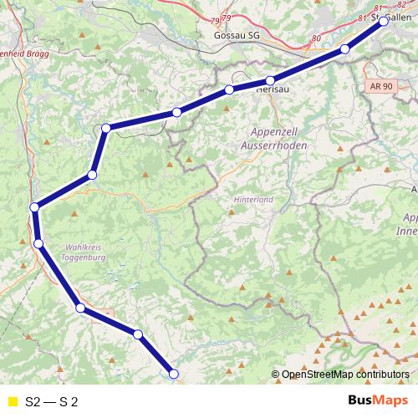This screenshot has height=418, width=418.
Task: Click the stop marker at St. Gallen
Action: click(x=384, y=22)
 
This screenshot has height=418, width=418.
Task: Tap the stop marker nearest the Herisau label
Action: click(x=270, y=81)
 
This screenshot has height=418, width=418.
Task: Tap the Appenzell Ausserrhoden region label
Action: click(x=279, y=139)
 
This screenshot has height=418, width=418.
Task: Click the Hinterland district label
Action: click(x=255, y=201)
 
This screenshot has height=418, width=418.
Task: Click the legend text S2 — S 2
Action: click(x=52, y=402)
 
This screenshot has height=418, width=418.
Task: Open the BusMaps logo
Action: click(x=379, y=401)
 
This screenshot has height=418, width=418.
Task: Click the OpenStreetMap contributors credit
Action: click(x=344, y=375)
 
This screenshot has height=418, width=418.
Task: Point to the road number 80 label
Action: click(x=315, y=38)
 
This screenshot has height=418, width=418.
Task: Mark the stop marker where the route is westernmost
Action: click(x=34, y=207)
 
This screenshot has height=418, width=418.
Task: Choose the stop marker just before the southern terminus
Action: click(x=138, y=334)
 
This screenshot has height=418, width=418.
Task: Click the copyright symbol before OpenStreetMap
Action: click(x=276, y=375)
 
